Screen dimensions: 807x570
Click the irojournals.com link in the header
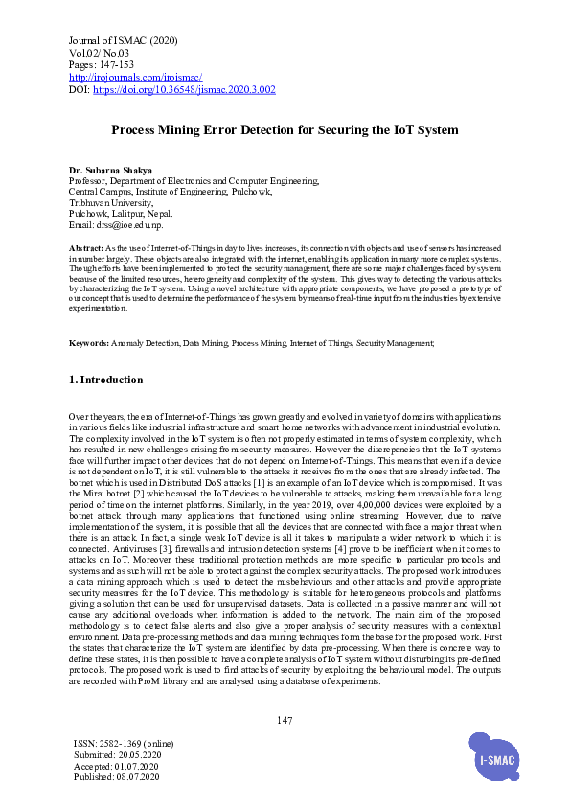(135, 76)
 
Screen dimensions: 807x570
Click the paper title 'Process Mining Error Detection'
(285, 128)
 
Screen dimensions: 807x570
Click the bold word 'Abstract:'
(87, 248)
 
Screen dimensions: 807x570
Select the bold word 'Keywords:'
(90, 342)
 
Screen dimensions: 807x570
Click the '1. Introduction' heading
(106, 380)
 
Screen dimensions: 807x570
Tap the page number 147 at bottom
(285, 720)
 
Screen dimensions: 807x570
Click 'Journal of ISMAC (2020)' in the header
(124, 39)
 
